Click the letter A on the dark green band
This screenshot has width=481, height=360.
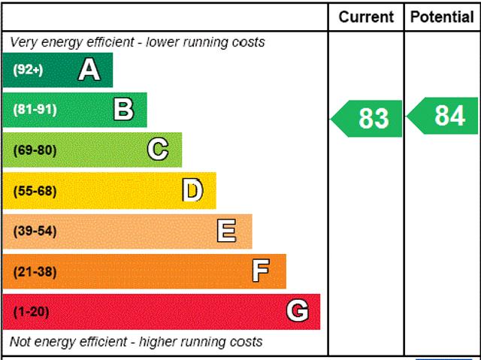pyautogui.click(x=89, y=70)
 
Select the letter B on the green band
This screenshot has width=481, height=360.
pyautogui.click(x=123, y=110)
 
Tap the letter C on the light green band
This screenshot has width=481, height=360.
pyautogui.click(x=158, y=150)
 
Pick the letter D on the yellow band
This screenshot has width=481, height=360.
pyautogui.click(x=192, y=190)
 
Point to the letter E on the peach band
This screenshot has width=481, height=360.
pyautogui.click(x=226, y=231)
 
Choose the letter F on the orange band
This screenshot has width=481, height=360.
pyautogui.click(x=261, y=271)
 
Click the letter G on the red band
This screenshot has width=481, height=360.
pyautogui.click(x=298, y=310)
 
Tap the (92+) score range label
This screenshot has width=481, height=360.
pyautogui.click(x=28, y=70)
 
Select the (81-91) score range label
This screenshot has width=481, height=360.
pyautogui.click(x=35, y=110)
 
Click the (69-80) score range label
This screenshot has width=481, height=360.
pyautogui.click(x=35, y=150)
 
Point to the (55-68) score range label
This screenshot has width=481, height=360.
pyautogui.click(x=35, y=191)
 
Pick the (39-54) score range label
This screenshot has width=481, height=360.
pyautogui.click(x=35, y=231)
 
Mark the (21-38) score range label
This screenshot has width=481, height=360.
pyautogui.click(x=35, y=271)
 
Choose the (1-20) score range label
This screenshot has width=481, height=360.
pyautogui.click(x=31, y=311)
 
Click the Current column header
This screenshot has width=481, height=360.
pyautogui.click(x=366, y=17)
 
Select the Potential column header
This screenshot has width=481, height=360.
pyautogui.click(x=442, y=17)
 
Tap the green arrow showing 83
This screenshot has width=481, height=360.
pyautogui.click(x=368, y=119)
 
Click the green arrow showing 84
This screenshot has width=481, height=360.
pyautogui.click(x=444, y=116)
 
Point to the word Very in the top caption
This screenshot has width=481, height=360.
pyautogui.click(x=24, y=42)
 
